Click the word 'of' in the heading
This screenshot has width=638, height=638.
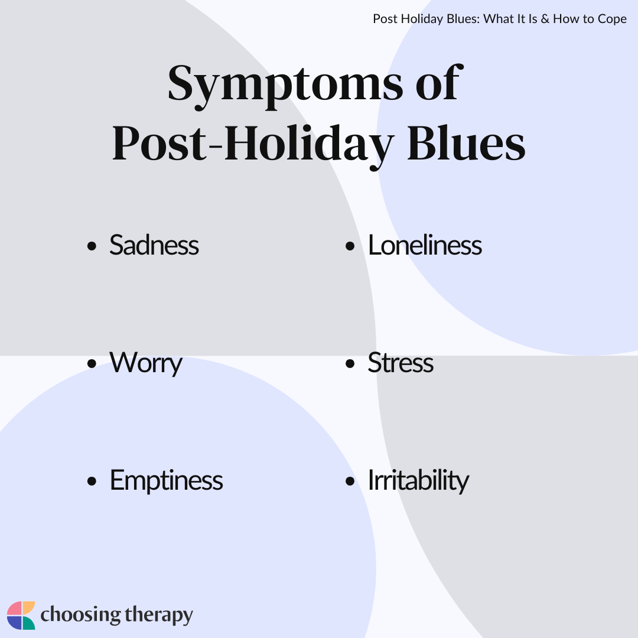[x=438, y=83]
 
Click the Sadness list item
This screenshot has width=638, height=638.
[x=154, y=245]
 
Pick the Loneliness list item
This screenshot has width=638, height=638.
[x=425, y=245]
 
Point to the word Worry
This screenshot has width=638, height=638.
[x=146, y=363]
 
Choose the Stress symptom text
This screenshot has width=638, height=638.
[x=401, y=363]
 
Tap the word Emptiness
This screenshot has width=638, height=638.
[x=167, y=481]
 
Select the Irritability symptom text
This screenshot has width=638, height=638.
[x=418, y=481]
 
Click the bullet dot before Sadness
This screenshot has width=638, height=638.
[x=92, y=246]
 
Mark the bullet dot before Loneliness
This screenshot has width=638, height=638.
[x=350, y=246]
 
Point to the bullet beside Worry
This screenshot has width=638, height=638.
[x=92, y=364]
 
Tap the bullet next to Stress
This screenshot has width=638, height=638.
[x=350, y=364]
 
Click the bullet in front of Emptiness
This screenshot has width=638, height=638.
[x=92, y=481]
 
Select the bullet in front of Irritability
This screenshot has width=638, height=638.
[x=350, y=481]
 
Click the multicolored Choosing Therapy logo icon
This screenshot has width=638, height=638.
[x=21, y=615]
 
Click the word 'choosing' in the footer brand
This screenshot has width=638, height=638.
[x=80, y=616]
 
